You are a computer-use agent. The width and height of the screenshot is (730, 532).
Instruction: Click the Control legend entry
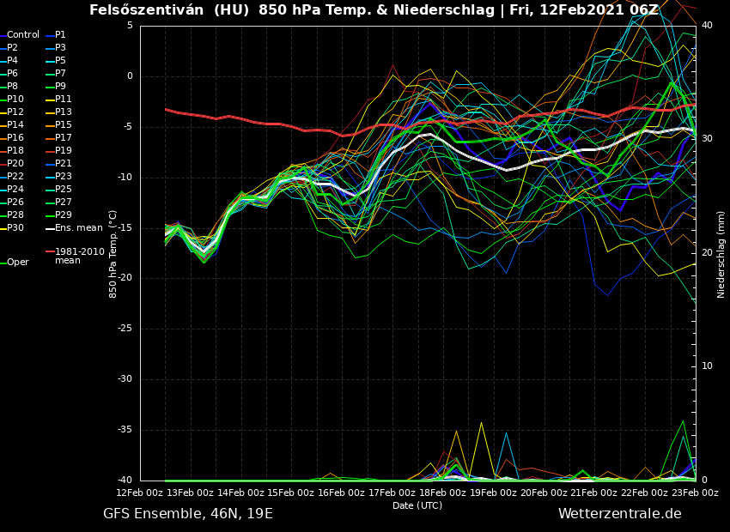(23, 35)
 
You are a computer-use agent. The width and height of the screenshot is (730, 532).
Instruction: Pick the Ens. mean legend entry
(78, 228)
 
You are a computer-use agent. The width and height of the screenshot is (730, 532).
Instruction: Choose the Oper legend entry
(18, 263)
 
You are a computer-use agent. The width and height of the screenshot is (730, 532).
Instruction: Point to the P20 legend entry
(16, 164)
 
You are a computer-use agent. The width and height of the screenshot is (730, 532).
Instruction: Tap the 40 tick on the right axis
(706, 26)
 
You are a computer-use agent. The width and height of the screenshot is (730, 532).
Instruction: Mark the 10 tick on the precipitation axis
(706, 366)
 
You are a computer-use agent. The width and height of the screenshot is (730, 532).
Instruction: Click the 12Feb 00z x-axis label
(141, 493)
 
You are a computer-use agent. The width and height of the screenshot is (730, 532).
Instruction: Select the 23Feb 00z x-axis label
(694, 493)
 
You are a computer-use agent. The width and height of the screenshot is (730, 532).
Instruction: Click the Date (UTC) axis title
(417, 505)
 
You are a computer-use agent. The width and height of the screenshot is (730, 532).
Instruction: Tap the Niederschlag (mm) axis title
(721, 254)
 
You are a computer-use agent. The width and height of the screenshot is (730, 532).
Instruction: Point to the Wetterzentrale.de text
(619, 514)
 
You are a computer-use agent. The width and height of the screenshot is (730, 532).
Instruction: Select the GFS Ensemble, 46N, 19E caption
(188, 514)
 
